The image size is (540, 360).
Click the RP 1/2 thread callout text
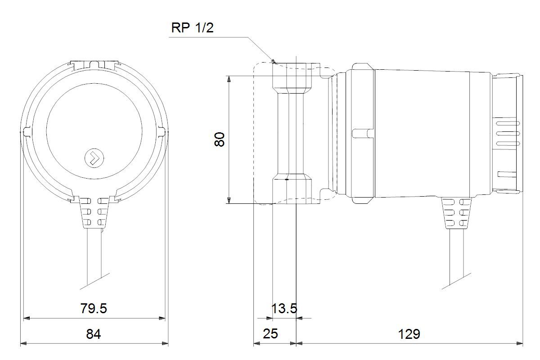point(192,28)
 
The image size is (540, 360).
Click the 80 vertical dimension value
point(220,139)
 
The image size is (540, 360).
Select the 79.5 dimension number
point(94,308)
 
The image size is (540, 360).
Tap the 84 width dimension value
point(94,334)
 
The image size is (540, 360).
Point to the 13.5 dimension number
point(284,308)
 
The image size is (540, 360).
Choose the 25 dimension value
point(270,334)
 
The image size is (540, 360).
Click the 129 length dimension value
point(409,334)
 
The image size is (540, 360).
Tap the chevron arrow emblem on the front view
point(94,158)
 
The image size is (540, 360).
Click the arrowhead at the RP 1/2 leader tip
point(273,61)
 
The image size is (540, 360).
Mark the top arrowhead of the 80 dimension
point(229,79)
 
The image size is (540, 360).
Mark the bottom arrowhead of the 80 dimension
point(229,200)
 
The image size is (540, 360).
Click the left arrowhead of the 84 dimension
point(24,343)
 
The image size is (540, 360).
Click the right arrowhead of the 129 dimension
point(519,343)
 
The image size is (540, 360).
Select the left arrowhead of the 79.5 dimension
point(27,318)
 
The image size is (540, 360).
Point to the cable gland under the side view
point(456,212)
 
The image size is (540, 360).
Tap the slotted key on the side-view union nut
point(362,133)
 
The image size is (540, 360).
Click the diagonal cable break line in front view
point(95,281)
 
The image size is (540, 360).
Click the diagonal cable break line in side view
point(456,281)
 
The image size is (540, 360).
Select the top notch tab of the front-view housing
point(94,65)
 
